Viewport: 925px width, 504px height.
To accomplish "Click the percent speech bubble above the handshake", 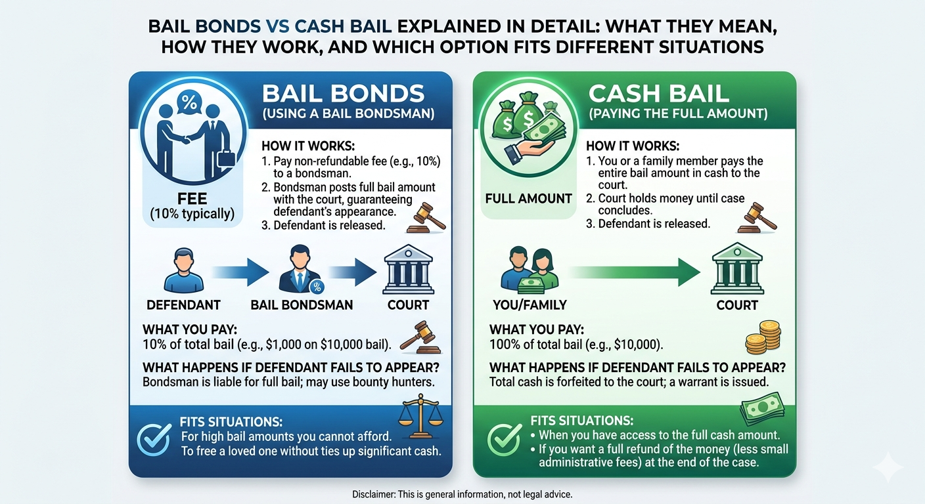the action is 189,102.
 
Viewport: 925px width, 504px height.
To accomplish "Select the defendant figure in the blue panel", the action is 184,270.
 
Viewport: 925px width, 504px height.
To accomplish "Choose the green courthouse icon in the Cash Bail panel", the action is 737,268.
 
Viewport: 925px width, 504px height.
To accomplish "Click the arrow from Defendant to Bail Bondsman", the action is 240,272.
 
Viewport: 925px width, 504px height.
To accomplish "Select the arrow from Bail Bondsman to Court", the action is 352,272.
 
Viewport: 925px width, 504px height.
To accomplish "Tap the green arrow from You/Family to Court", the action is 635,272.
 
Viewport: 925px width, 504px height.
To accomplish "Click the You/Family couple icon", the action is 530,270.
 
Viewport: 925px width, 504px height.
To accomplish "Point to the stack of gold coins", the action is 763,337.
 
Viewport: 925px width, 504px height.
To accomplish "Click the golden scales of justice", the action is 420,416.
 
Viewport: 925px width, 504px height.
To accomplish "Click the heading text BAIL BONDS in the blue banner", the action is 343,93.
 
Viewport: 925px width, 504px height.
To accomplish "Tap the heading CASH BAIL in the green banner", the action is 659,94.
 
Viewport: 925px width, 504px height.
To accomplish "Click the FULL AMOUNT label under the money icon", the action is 529,199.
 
